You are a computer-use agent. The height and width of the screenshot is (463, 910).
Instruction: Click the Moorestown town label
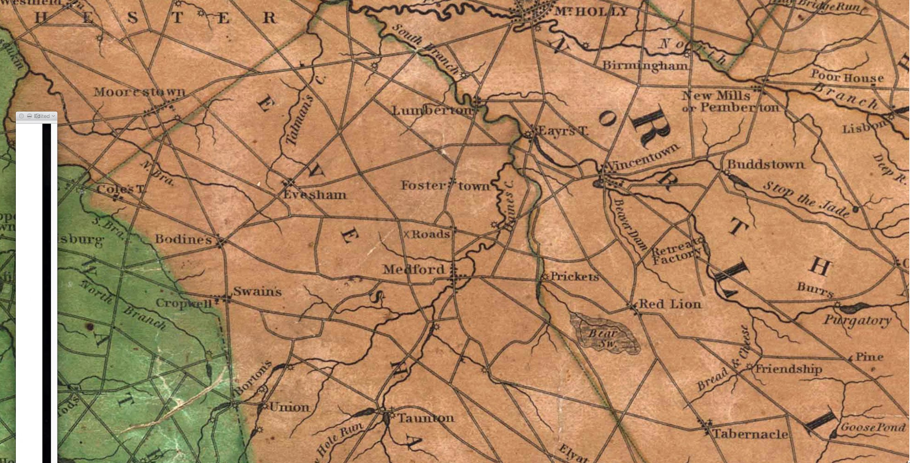click(139, 92)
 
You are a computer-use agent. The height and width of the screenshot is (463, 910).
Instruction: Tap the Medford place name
click(413, 270)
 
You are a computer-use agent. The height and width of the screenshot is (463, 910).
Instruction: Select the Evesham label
click(314, 195)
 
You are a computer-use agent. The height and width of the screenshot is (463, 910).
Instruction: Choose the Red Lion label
click(670, 304)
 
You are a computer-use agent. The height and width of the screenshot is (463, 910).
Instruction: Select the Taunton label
click(426, 418)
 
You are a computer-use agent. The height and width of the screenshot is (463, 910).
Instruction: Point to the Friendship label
click(788, 369)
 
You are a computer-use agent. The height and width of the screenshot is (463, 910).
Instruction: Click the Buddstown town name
click(766, 164)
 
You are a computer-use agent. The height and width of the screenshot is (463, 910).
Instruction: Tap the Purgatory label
click(857, 321)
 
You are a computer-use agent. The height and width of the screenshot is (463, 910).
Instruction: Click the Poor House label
click(846, 77)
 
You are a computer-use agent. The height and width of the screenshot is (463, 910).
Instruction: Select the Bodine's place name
click(183, 239)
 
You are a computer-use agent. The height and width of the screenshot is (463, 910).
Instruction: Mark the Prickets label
click(575, 276)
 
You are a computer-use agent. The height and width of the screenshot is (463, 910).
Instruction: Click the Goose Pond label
click(873, 427)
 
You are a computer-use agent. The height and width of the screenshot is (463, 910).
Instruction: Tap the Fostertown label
click(445, 186)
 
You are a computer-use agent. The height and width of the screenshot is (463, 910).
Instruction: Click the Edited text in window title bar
click(42, 116)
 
